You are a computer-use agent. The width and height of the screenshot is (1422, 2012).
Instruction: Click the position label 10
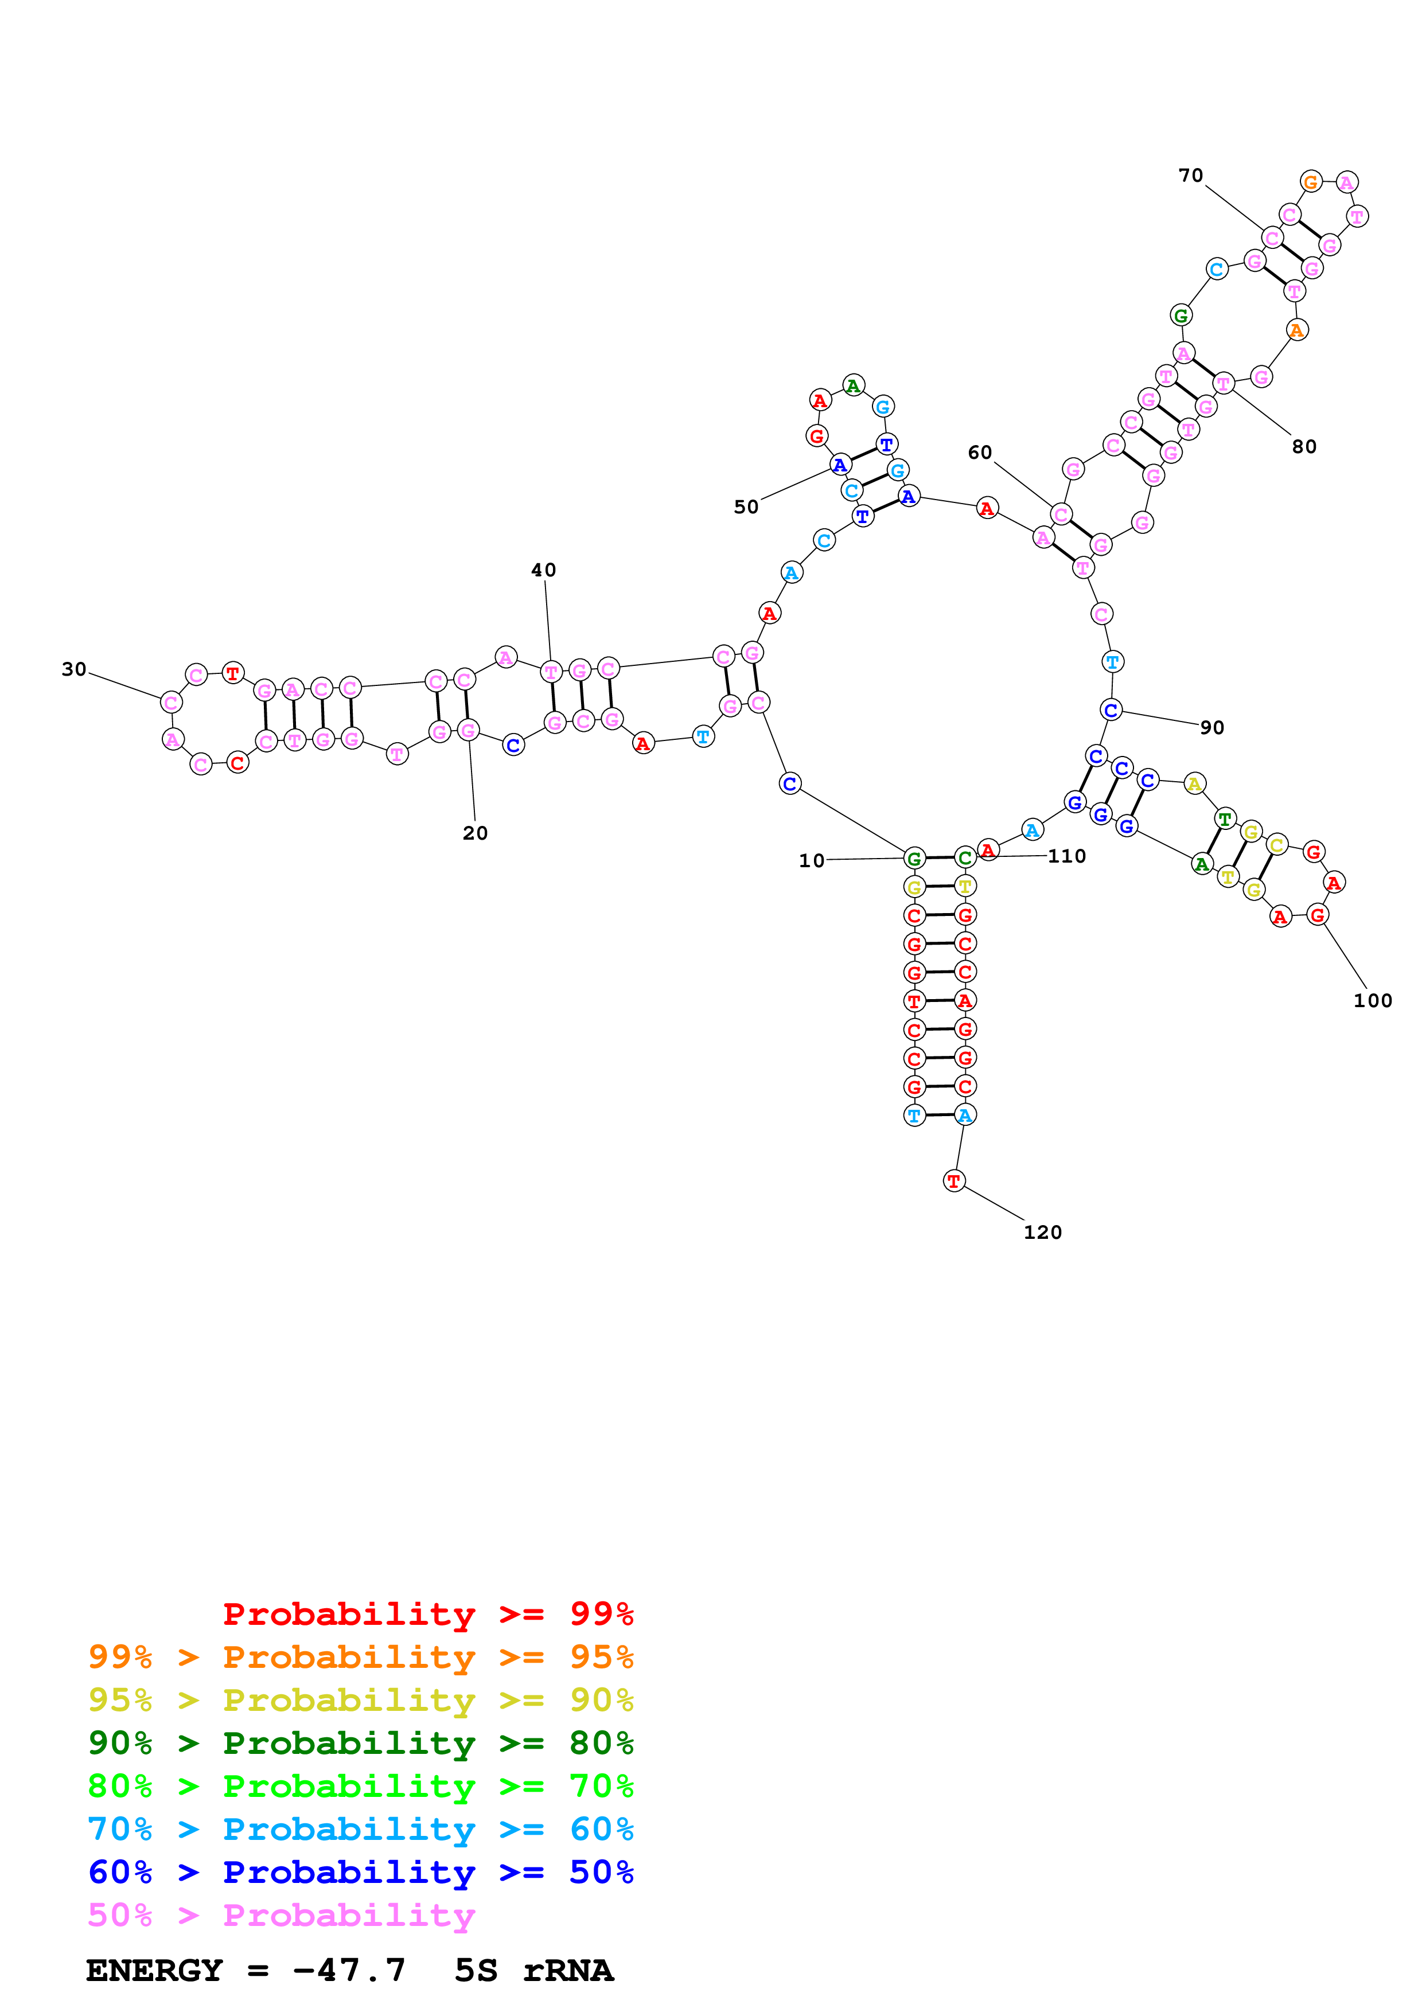click(x=811, y=860)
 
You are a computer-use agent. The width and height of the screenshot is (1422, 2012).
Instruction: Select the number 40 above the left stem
click(x=543, y=571)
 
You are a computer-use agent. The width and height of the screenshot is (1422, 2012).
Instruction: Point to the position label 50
click(x=746, y=508)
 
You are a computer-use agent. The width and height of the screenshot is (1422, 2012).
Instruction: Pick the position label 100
click(x=1372, y=1001)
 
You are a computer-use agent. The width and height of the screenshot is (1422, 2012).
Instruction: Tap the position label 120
click(x=1043, y=1232)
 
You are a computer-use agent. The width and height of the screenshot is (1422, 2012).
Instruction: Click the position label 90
click(x=1211, y=727)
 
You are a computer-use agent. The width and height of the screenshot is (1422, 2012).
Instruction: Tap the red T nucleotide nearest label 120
click(x=954, y=1182)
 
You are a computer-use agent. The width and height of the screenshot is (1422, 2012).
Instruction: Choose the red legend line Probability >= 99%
click(x=428, y=1614)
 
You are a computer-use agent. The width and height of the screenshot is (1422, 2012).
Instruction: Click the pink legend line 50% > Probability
click(x=281, y=1916)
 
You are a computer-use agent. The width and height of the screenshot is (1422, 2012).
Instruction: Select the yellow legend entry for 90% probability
click(x=360, y=1700)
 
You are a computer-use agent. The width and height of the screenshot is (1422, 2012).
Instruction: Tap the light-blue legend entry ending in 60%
click(x=360, y=1830)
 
